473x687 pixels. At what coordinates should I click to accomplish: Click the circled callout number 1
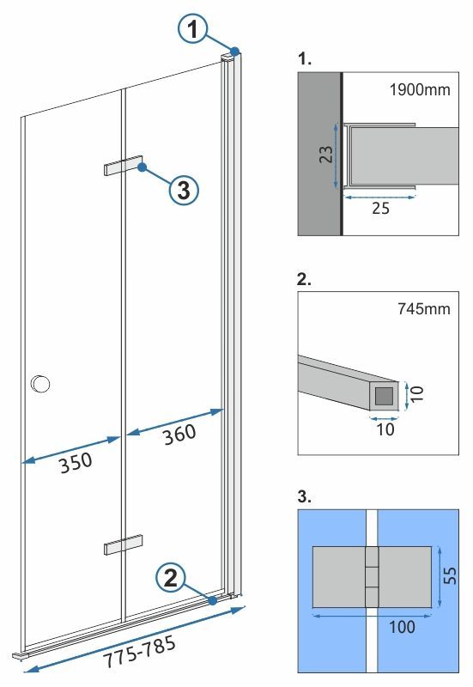(195, 30)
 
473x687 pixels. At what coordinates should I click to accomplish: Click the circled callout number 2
(172, 577)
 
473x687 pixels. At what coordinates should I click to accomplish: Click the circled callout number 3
(182, 190)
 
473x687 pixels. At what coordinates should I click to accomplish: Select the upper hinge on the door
(121, 166)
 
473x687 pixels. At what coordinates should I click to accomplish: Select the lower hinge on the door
(122, 546)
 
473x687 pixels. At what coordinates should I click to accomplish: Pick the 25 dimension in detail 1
(380, 209)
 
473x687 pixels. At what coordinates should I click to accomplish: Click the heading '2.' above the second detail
(303, 281)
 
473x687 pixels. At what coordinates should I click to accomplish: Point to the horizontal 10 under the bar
(385, 429)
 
